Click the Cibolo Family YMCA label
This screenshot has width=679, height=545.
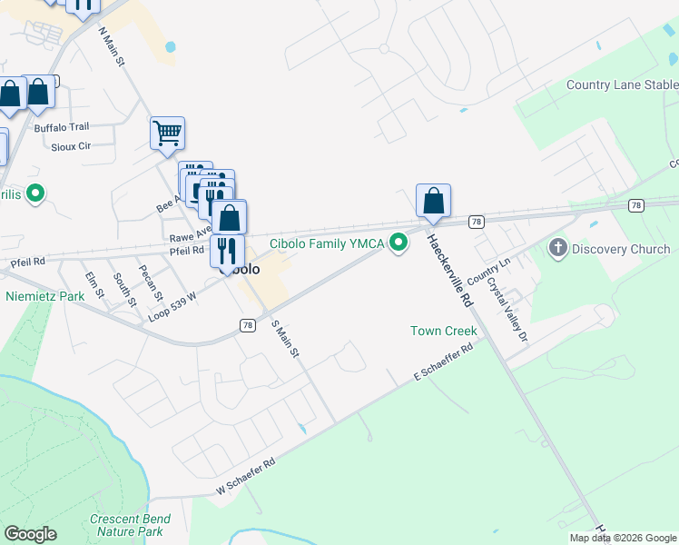click(x=327, y=243)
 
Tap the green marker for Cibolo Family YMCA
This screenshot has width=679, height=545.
click(x=398, y=243)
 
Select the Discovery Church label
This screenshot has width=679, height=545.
click(x=622, y=248)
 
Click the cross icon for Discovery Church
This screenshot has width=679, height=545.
click(x=557, y=247)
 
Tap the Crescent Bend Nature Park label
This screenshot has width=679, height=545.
click(x=128, y=525)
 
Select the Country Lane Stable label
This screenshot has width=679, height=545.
click(x=622, y=85)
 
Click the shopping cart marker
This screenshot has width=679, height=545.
click(x=168, y=133)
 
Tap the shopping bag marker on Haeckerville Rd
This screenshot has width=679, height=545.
click(x=434, y=201)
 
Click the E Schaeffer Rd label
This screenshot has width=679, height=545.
click(x=444, y=362)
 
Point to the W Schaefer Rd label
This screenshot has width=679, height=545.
click(x=245, y=478)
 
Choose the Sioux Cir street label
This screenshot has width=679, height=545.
click(x=72, y=145)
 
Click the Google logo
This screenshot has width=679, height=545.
click(x=30, y=534)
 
